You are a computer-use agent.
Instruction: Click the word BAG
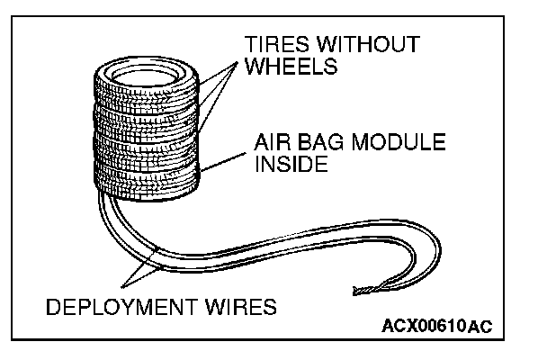point(318,143)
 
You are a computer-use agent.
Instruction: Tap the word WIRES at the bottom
point(244,309)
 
